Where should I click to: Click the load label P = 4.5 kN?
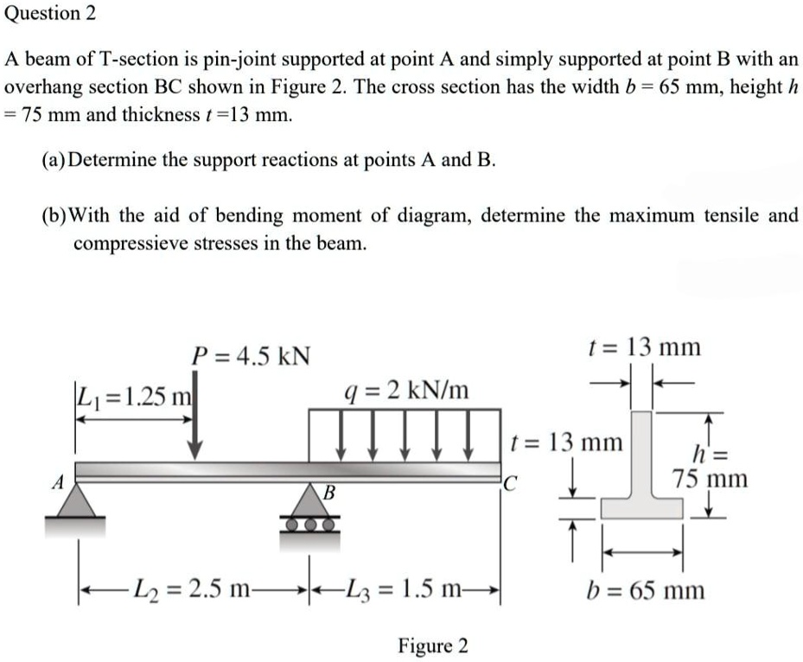point(252,355)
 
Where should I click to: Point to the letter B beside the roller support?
point(328,493)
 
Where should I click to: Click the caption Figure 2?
point(432,646)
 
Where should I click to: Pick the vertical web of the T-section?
point(643,454)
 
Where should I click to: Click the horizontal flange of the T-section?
point(642,506)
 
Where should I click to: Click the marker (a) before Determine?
point(53,160)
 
